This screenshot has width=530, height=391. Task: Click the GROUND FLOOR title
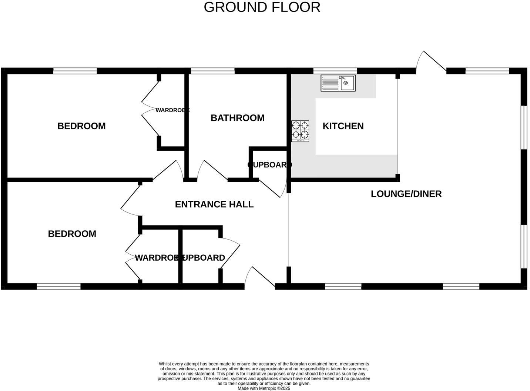coord(262,7)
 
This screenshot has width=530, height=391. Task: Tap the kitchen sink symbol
coord(338,83)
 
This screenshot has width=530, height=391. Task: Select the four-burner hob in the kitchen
coord(300,131)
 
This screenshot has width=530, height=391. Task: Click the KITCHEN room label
coord(343,126)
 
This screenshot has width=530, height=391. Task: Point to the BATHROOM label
coord(238,118)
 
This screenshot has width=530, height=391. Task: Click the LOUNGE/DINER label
coord(406,194)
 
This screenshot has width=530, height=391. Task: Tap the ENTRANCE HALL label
coord(214,204)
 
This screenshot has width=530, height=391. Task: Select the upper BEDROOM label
coord(81,126)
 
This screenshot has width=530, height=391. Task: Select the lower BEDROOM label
coord(72,234)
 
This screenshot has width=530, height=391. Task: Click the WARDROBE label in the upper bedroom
coord(172,110)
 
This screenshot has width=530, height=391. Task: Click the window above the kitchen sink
coord(335,71)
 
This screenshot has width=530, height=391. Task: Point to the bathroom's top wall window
coord(212,71)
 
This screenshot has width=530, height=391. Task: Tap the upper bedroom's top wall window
coord(75,71)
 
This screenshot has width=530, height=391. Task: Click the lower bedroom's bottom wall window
coord(58,286)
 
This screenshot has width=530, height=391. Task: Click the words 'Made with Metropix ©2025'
coord(264,388)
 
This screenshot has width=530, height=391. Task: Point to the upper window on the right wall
coord(524,127)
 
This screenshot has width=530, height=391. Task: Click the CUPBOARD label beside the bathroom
coord(269,165)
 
